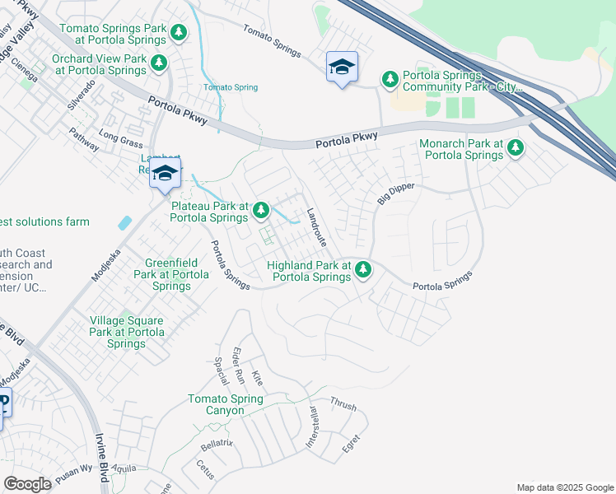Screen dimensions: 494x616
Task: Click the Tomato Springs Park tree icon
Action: click(x=179, y=34)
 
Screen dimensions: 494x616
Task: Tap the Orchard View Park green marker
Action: click(x=160, y=63)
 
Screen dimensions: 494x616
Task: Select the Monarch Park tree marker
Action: click(x=516, y=148)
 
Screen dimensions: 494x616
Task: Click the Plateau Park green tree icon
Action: click(x=261, y=212)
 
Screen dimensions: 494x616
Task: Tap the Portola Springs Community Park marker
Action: click(x=390, y=79)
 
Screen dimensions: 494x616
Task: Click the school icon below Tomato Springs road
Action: click(x=342, y=68)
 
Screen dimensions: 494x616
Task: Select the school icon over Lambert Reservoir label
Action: click(x=166, y=174)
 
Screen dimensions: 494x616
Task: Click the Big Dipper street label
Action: click(x=396, y=194)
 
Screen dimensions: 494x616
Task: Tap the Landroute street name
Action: click(x=316, y=228)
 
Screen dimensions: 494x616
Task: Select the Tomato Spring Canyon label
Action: click(x=225, y=404)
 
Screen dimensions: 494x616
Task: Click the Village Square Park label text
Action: click(x=127, y=332)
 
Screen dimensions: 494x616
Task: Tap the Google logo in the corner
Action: click(x=27, y=484)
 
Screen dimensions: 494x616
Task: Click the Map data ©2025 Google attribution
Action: click(x=565, y=487)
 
